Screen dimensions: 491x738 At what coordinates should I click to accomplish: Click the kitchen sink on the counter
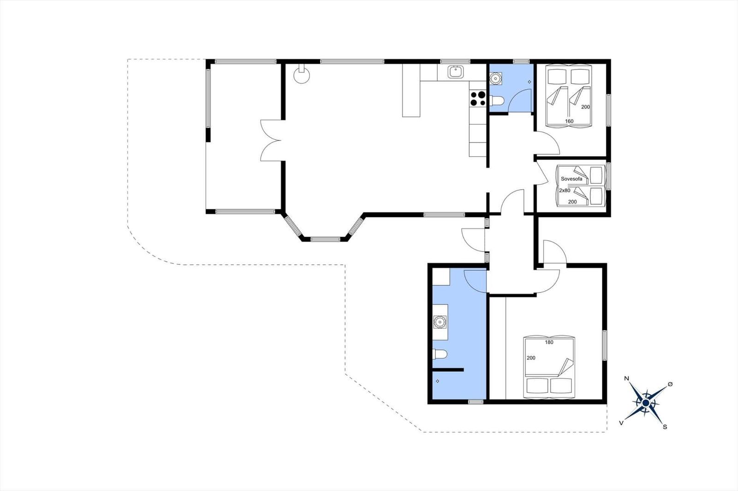pos(455,72)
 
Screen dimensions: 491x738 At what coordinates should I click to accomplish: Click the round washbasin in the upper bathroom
pos(496,78)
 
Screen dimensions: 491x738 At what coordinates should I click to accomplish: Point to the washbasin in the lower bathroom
pos(440,321)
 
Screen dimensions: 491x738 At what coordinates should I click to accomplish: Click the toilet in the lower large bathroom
pos(440,354)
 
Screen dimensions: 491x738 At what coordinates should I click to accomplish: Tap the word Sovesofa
pos(571,179)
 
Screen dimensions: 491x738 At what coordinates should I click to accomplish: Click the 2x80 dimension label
pos(565,190)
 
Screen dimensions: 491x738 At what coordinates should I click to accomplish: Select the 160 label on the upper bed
pos(569,122)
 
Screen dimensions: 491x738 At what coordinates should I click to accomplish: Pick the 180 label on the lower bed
pos(549,342)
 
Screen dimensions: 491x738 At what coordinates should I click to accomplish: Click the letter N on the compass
pos(626,379)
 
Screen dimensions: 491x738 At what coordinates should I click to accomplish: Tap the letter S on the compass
pos(665,427)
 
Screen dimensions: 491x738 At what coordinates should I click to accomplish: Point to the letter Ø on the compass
pos(670,384)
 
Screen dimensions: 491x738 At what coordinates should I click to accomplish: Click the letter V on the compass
pos(621,422)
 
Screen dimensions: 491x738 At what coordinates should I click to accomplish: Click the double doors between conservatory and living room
pos(271,140)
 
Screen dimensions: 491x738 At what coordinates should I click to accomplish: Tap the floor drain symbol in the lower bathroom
pos(437,381)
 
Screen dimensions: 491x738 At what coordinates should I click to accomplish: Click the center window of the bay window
pos(325,239)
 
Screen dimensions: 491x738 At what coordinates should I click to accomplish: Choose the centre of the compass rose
pos(646,403)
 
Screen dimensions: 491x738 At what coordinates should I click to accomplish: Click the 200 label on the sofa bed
pos(572,202)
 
